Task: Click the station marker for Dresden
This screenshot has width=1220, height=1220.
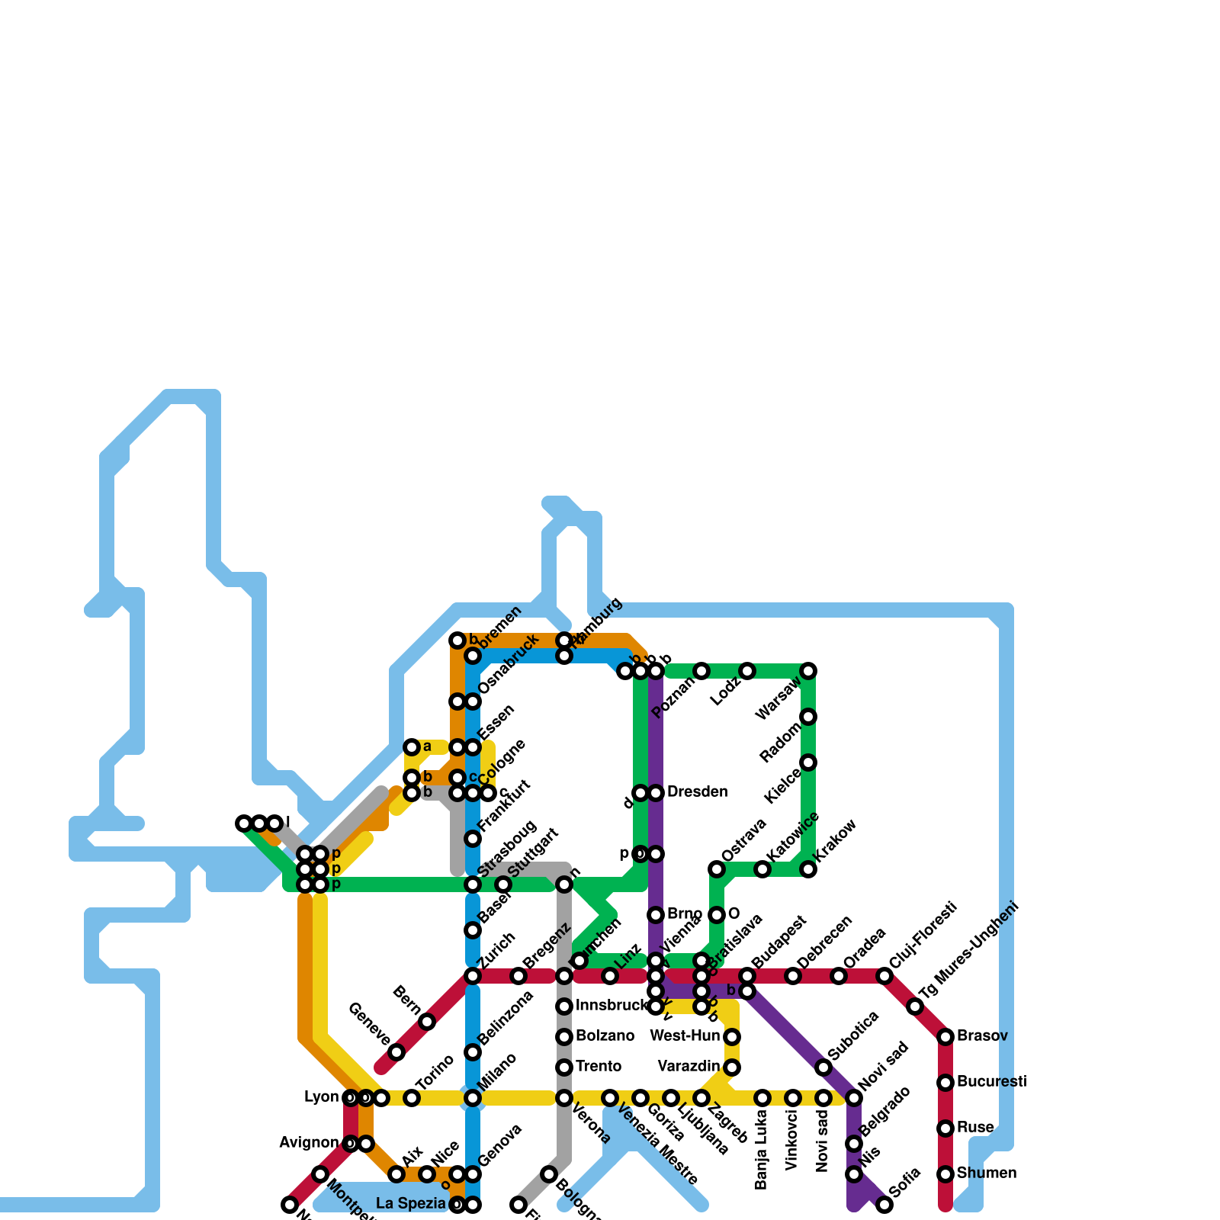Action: (x=656, y=793)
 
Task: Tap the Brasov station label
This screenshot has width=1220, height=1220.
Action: (x=982, y=1036)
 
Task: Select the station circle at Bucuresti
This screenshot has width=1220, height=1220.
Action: (x=945, y=1083)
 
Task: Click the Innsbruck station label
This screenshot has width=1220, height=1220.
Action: (x=611, y=1006)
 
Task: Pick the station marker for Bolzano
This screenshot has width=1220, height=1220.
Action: (x=564, y=1037)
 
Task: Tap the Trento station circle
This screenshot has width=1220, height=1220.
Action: (x=564, y=1067)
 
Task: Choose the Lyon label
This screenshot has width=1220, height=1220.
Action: (x=321, y=1097)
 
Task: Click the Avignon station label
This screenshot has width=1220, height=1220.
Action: (x=309, y=1143)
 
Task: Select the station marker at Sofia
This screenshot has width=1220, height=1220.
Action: (x=884, y=1205)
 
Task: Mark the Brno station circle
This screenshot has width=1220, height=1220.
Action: (x=656, y=915)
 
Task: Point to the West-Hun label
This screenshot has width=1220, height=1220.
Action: (x=685, y=1036)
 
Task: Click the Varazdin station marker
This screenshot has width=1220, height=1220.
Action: (x=732, y=1067)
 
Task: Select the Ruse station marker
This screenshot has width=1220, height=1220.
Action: (x=945, y=1128)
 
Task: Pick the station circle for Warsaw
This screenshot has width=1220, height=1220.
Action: (x=808, y=671)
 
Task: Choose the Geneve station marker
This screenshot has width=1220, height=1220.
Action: (x=396, y=1052)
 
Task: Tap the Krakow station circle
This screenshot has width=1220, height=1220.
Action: (x=808, y=869)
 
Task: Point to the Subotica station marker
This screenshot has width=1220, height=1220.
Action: (x=823, y=1067)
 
